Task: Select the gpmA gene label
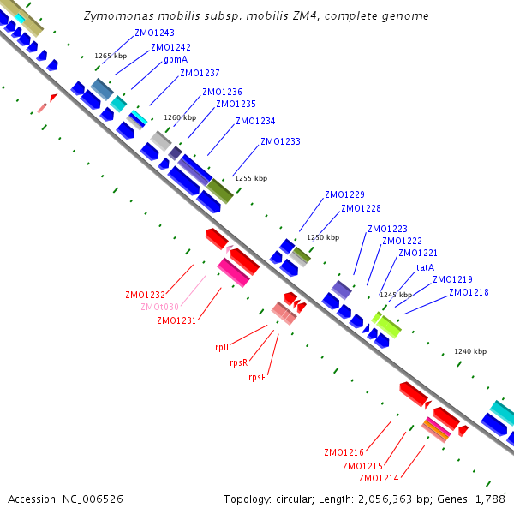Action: tap(176, 60)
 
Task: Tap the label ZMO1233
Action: tap(280, 141)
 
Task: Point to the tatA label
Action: tap(425, 267)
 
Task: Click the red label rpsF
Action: tap(258, 377)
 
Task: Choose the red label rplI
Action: tap(222, 348)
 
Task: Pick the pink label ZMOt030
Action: tap(160, 307)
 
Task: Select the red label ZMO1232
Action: tap(145, 295)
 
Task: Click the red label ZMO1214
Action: tap(379, 478)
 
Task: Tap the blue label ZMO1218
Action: tap(469, 293)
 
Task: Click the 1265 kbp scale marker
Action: tap(110, 56)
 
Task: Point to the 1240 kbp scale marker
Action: tap(469, 351)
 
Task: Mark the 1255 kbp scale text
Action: tap(250, 178)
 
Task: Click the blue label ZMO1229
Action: tap(344, 194)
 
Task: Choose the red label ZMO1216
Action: tap(344, 452)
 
